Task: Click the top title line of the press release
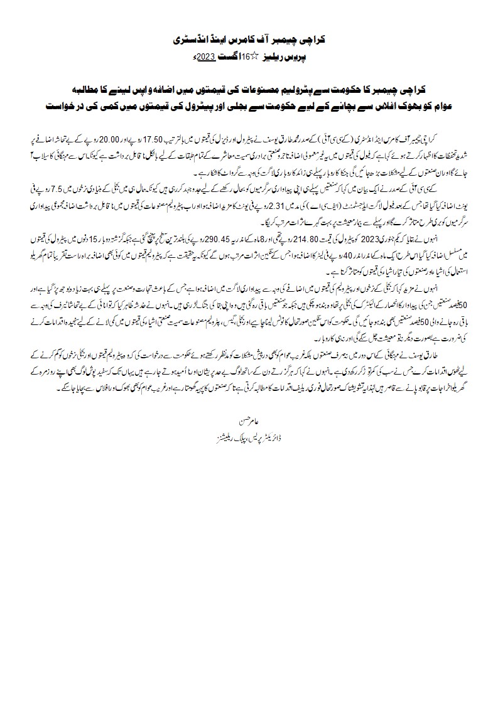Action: point(249,40)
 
